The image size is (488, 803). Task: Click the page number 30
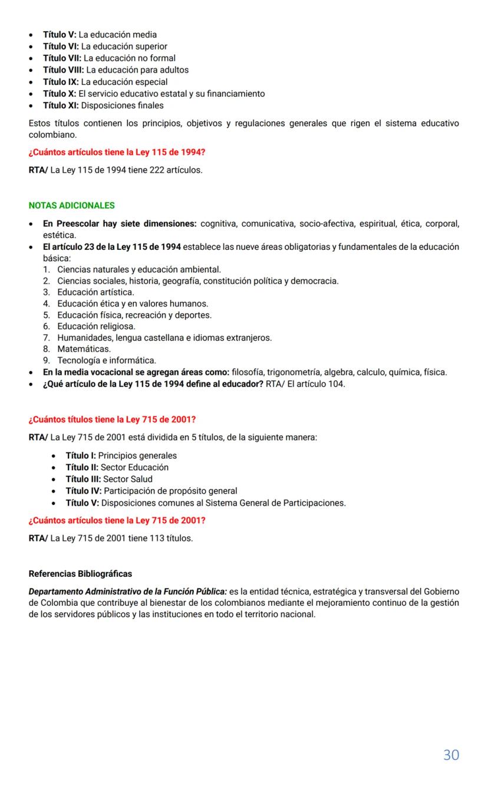451,755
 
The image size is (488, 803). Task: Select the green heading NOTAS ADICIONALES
71,206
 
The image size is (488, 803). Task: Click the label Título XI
61,105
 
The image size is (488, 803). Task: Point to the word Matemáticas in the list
84,349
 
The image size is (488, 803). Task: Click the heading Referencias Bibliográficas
80,574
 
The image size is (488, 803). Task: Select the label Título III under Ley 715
83,479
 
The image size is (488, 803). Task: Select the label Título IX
61,82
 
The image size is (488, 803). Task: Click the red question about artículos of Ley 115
117,153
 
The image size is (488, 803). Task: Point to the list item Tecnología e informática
107,361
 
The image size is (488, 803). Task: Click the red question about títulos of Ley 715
112,419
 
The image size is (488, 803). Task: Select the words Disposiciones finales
122,105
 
